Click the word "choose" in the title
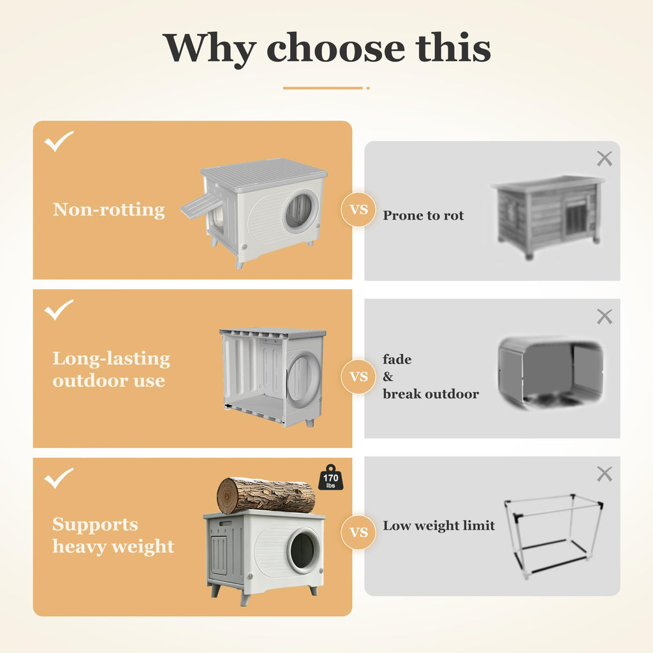click(x=335, y=48)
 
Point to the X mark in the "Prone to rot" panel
click(x=605, y=159)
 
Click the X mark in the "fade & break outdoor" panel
click(x=605, y=316)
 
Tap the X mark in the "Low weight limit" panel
click(x=605, y=474)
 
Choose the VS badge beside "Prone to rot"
click(x=358, y=209)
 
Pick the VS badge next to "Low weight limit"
click(x=358, y=532)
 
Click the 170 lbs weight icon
click(x=331, y=478)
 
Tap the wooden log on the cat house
click(x=266, y=496)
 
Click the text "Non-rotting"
click(x=109, y=209)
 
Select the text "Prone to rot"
click(x=423, y=216)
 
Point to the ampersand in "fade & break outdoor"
click(x=388, y=376)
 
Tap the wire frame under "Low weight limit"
click(x=553, y=536)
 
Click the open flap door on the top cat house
click(x=200, y=206)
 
